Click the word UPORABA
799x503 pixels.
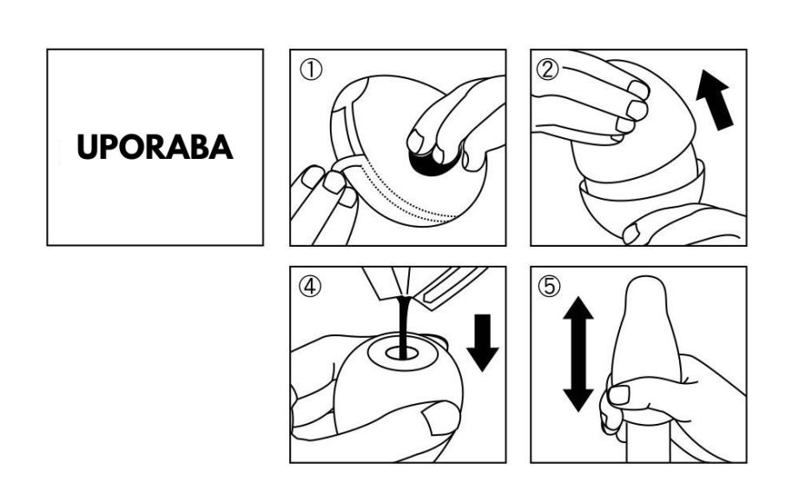pyautogui.click(x=155, y=148)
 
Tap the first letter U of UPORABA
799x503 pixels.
pyautogui.click(x=87, y=148)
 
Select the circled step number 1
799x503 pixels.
pyautogui.click(x=311, y=69)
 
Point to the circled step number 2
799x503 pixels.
pyautogui.click(x=547, y=69)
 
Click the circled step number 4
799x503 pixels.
pyautogui.click(x=310, y=287)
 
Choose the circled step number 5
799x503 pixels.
pyautogui.click(x=549, y=287)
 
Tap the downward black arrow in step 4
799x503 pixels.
pyautogui.click(x=482, y=342)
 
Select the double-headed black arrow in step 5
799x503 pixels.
pyautogui.click(x=578, y=354)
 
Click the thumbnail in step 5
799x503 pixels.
pyautogui.click(x=619, y=395)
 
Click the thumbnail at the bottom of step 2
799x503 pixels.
pyautogui.click(x=631, y=234)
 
